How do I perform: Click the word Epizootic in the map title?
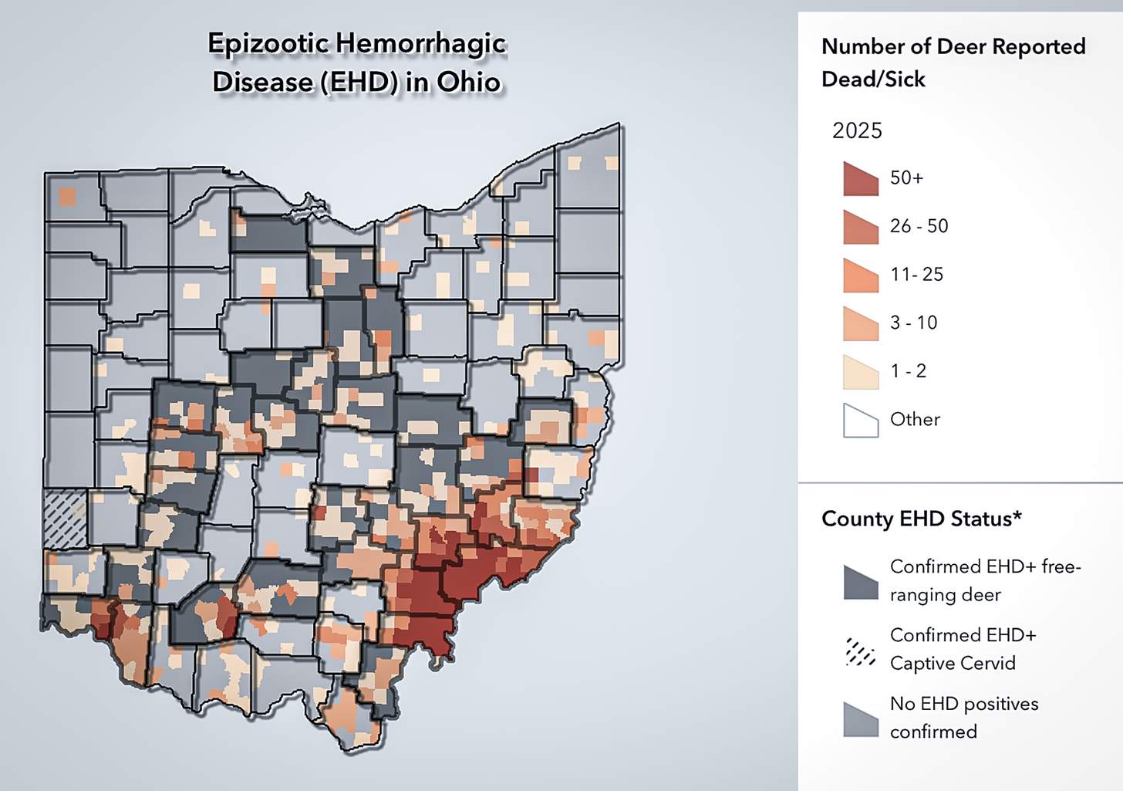267,44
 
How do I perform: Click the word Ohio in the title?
468,83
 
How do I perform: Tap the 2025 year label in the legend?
856,130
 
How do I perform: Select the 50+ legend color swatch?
861,179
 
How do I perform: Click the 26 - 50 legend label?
919,226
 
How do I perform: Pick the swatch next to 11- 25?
861,275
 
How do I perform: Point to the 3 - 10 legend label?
913,323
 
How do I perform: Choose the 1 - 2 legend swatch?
861,372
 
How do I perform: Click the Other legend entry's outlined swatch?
861,421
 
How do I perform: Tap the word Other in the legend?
915,419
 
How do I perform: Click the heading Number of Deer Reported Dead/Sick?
953,63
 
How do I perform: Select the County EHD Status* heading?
921,519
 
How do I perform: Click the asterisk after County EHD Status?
1018,515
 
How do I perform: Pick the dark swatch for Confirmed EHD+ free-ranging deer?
861,583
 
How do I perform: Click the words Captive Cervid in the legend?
952,663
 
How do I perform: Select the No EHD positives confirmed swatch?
861,719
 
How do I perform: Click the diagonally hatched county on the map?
66,519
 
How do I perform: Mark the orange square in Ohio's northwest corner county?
68,196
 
